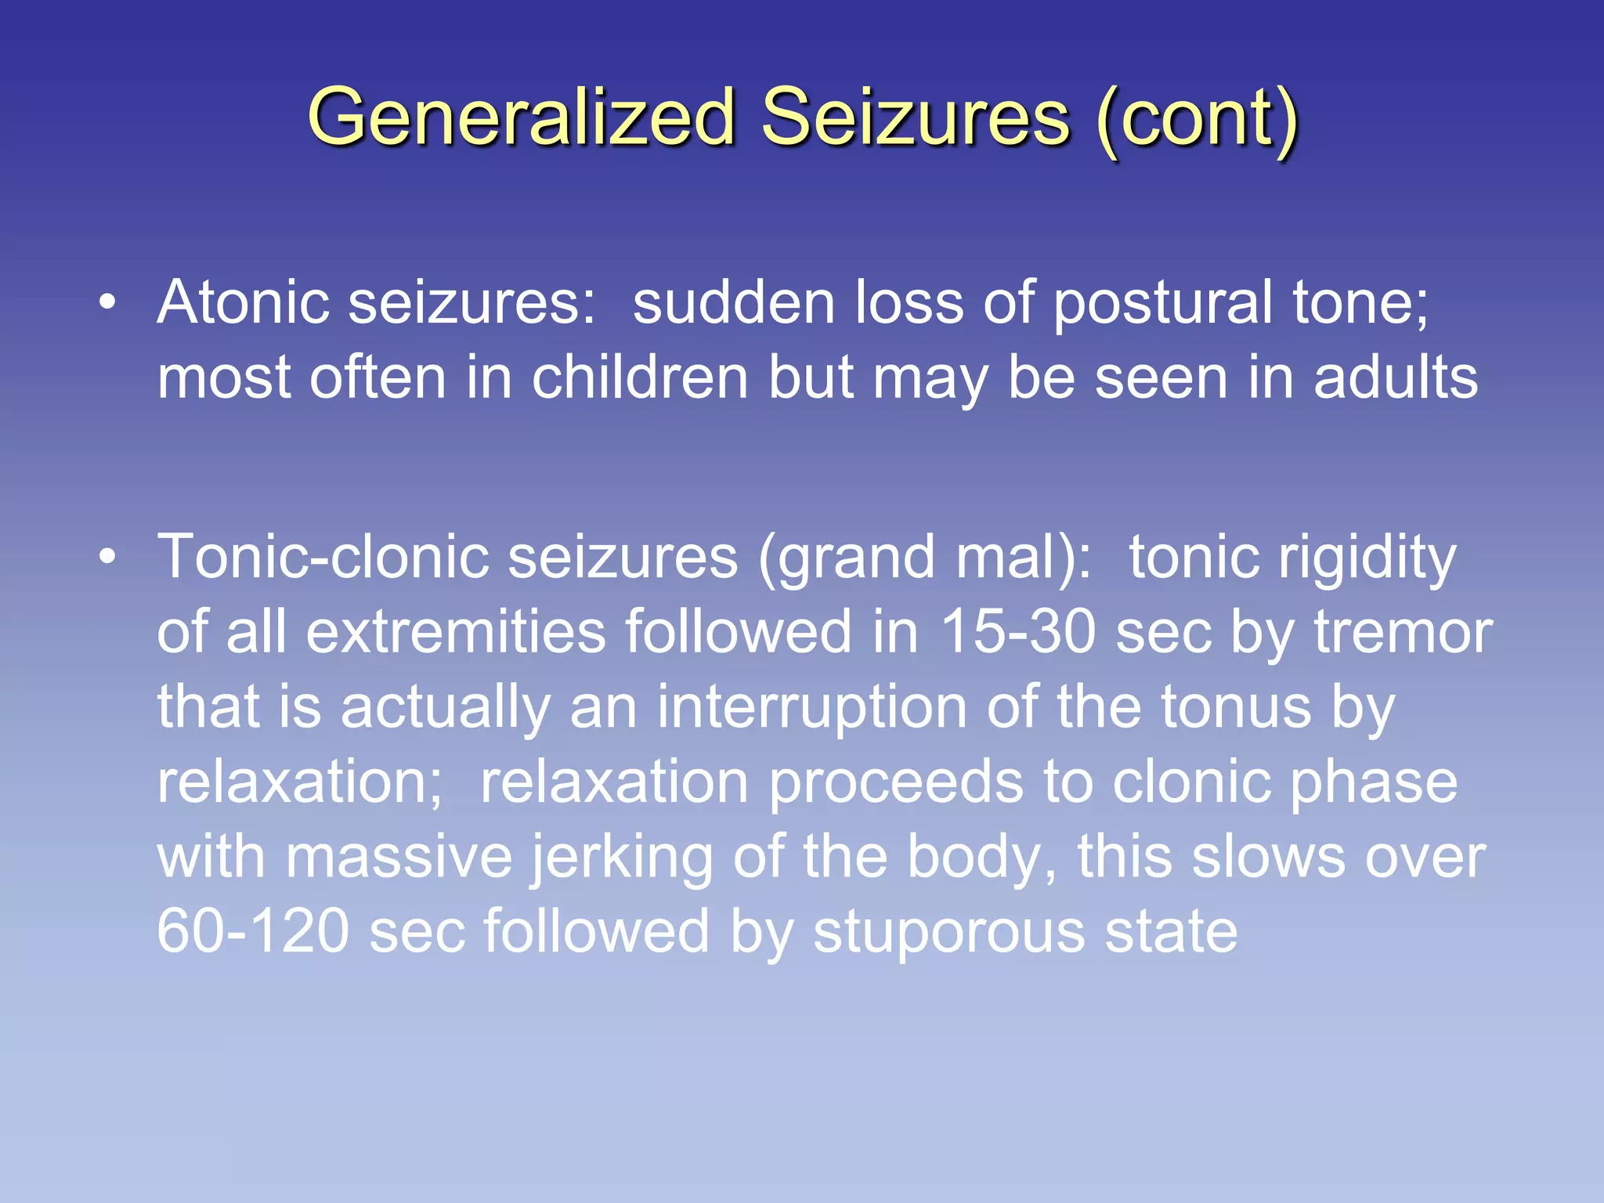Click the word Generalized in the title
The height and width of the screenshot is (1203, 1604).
(521, 117)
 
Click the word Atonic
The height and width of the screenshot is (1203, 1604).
(243, 302)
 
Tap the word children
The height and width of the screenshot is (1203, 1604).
(640, 378)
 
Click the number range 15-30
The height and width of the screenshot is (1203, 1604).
(1017, 631)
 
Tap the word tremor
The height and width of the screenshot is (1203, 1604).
(1403, 631)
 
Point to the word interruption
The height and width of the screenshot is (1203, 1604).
(811, 706)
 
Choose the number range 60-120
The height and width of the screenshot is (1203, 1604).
(253, 931)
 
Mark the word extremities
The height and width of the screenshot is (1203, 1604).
(456, 631)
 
